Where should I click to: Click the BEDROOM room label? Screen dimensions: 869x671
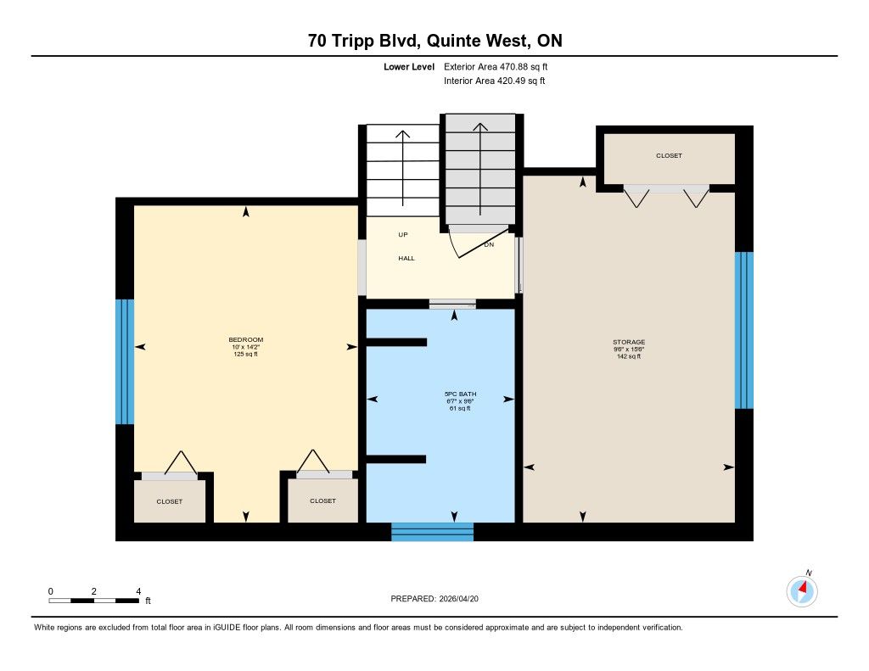245,339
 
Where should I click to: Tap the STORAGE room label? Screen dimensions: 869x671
629,342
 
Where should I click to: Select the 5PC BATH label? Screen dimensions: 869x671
460,394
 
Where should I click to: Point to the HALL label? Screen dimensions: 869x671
406,258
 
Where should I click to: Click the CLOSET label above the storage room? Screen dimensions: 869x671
669,156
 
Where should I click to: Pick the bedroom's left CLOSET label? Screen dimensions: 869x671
169,501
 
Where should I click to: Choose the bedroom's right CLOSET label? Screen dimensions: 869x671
322,500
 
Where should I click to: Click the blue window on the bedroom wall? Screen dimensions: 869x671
125,362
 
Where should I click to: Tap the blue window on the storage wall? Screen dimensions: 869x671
743,330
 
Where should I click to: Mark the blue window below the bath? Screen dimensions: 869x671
432,532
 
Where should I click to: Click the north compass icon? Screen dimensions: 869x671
802,591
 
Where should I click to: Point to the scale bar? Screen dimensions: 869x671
93,601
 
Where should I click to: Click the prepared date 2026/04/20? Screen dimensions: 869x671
458,598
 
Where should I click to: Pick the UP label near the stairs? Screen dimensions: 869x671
403,235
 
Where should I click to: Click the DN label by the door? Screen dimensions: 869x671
489,244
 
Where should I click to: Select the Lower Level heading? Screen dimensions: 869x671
409,67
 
